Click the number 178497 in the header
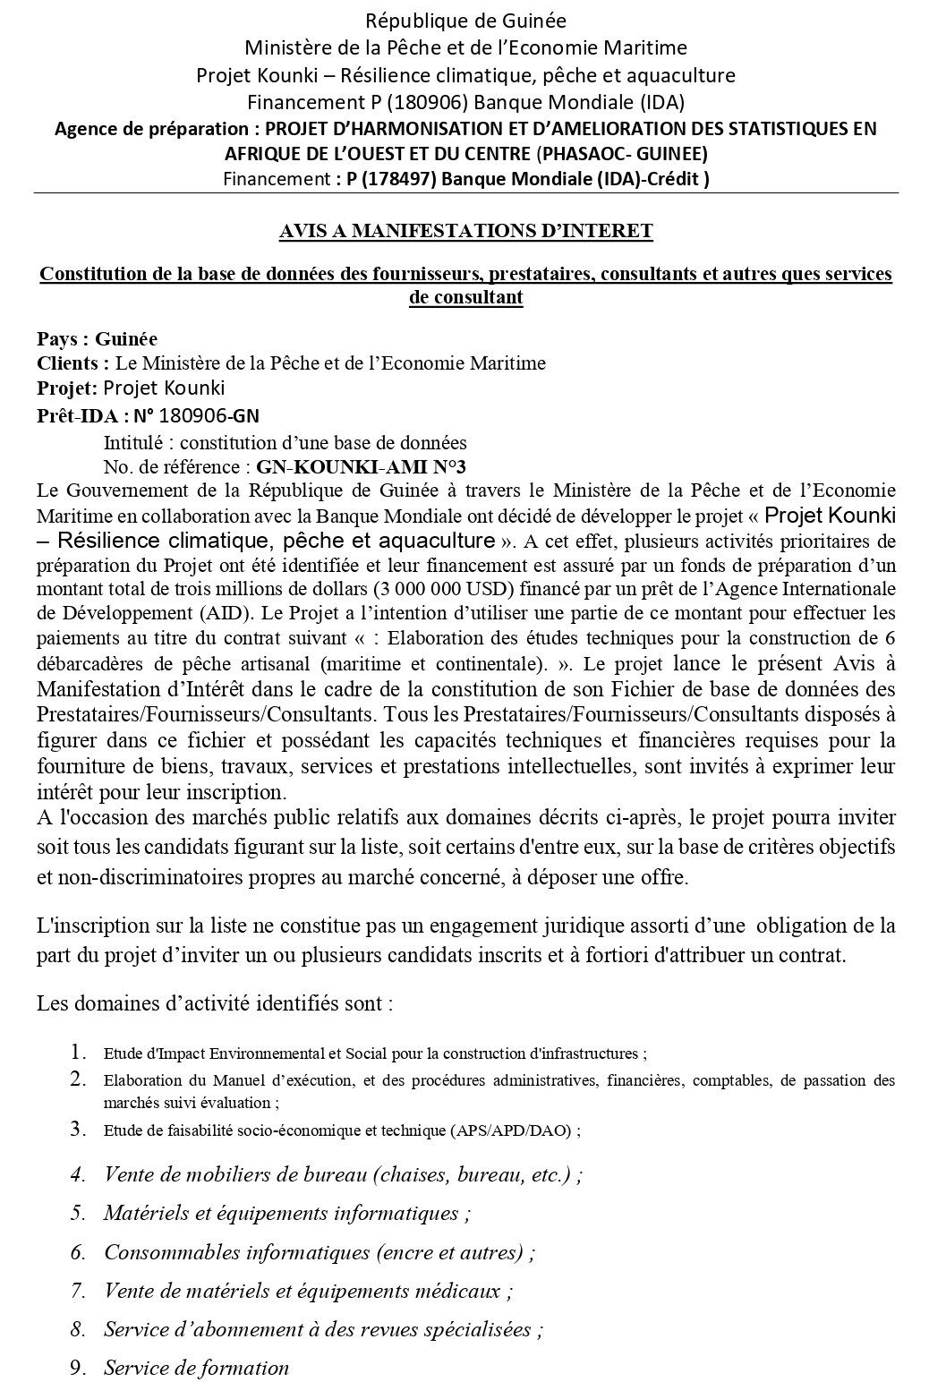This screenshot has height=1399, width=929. [395, 178]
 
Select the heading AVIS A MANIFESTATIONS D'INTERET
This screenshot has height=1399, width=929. [465, 231]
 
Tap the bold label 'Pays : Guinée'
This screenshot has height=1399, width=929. [97, 339]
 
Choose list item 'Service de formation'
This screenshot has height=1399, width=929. [196, 1368]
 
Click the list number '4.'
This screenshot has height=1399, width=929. [79, 1174]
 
